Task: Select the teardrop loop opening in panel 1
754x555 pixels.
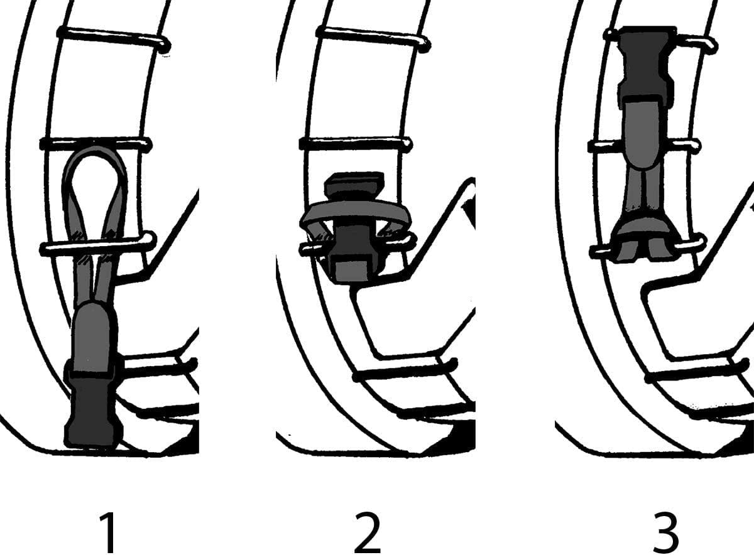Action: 95,188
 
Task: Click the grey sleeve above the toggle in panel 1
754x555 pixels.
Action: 94,337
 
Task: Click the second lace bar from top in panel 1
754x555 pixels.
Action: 96,144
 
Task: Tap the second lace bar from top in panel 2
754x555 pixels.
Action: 356,144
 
